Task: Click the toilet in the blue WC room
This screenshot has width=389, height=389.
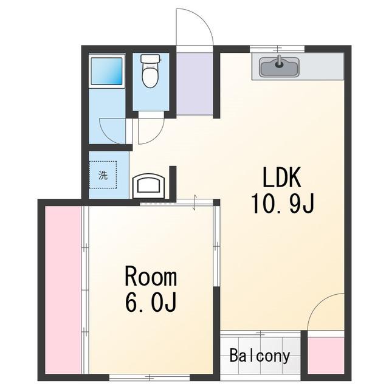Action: pyautogui.click(x=150, y=71)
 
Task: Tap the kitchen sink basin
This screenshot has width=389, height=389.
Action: pyautogui.click(x=280, y=67)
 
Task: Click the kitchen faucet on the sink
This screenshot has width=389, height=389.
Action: pyautogui.click(x=280, y=62)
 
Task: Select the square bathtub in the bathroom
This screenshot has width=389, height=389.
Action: pyautogui.click(x=107, y=72)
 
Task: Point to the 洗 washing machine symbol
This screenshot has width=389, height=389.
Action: pyautogui.click(x=103, y=175)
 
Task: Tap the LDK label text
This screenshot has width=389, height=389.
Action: pyautogui.click(x=282, y=177)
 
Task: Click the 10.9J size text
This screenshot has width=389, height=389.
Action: pyautogui.click(x=283, y=204)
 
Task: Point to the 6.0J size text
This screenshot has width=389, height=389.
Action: pyautogui.click(x=151, y=302)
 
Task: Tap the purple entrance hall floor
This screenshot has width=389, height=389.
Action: pyautogui.click(x=194, y=84)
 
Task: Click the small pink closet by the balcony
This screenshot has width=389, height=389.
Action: pyautogui.click(x=326, y=355)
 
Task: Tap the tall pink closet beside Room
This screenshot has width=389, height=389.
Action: pyautogui.click(x=63, y=289)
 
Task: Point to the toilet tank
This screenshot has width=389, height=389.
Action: pyautogui.click(x=150, y=58)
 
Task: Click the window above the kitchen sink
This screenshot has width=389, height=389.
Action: pyautogui.click(x=277, y=49)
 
